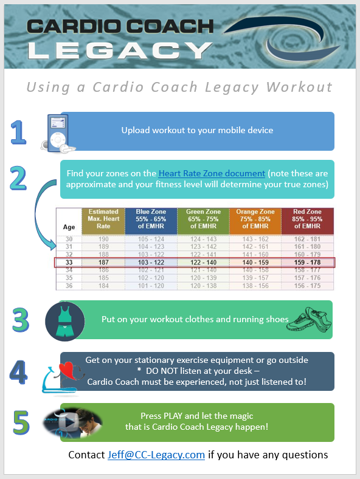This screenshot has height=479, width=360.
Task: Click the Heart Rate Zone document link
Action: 212,173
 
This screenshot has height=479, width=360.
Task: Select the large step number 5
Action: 21,422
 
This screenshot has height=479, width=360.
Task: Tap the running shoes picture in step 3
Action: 308,320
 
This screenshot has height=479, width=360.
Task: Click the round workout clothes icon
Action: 64,320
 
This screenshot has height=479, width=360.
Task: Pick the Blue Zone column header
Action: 151,220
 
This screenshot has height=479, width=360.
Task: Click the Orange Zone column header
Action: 255,220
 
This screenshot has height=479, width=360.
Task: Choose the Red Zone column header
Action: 307,220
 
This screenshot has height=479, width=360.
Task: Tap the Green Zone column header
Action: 203,220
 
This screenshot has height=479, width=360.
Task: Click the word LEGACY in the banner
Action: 116,48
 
